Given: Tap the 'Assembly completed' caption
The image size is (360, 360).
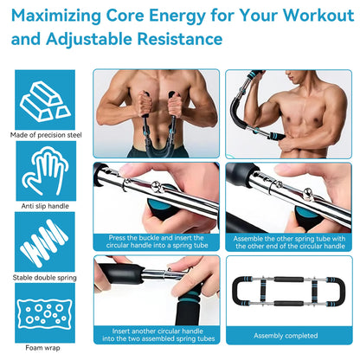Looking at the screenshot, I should tap(286, 335).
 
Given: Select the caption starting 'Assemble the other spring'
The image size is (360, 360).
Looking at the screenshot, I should tap(286, 241).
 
